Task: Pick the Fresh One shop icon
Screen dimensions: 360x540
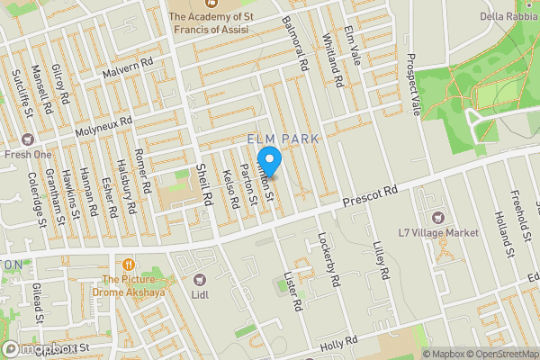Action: pyautogui.click(x=28, y=139)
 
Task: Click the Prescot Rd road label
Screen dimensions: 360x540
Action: pyautogui.click(x=370, y=193)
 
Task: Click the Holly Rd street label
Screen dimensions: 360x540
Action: pyautogui.click(x=339, y=343)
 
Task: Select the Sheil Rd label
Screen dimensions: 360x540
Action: pyautogui.click(x=202, y=184)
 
